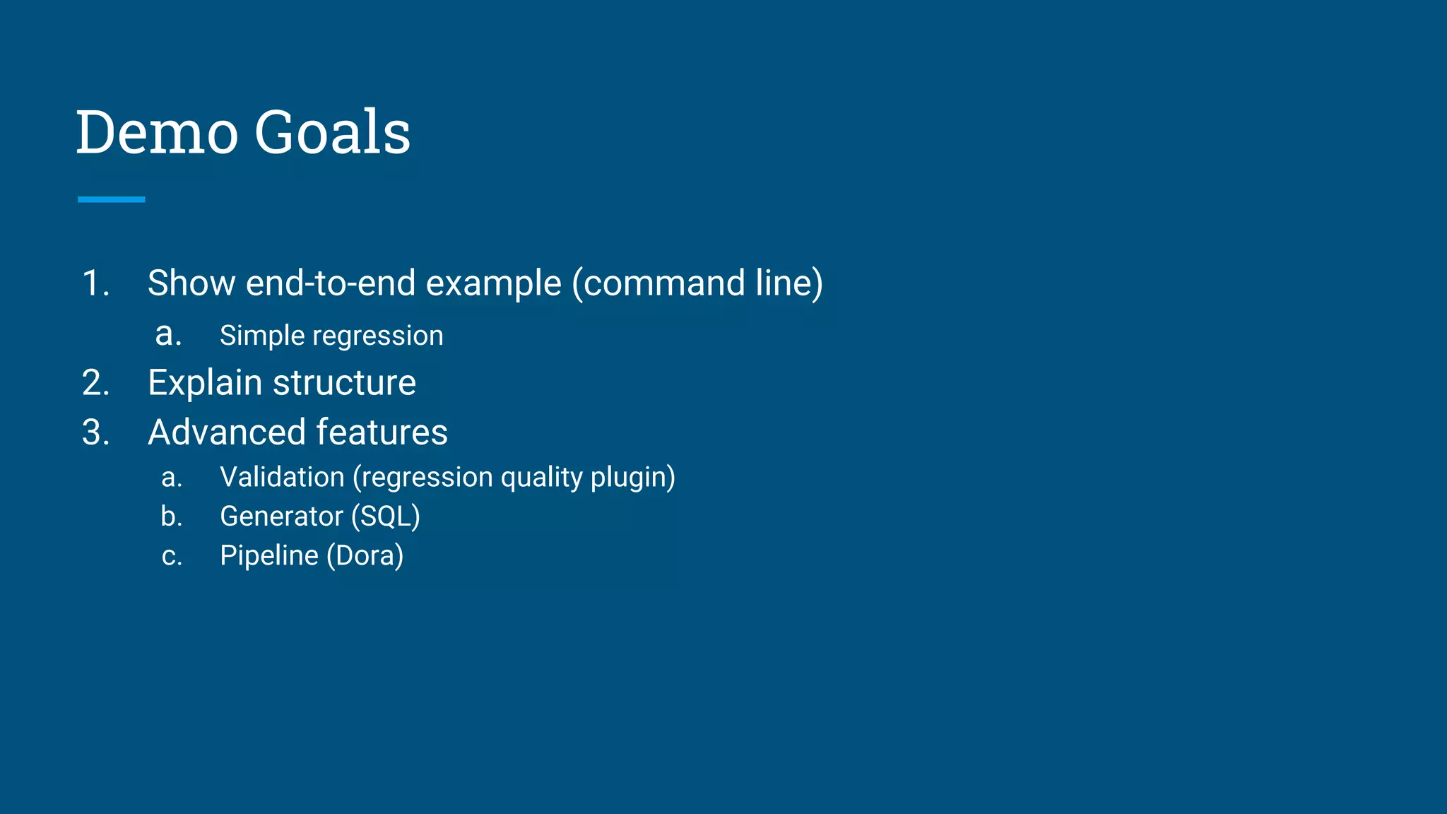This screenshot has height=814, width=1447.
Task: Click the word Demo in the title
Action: [x=157, y=132]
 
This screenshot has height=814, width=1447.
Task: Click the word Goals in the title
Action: [x=332, y=132]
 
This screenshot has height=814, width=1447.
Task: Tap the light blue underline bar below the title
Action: [x=111, y=199]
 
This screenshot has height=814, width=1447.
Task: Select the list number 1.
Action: [x=95, y=283]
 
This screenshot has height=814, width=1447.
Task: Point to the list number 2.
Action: [x=95, y=383]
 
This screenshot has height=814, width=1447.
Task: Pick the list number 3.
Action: [x=95, y=432]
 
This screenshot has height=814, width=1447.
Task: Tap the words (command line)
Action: [x=697, y=283]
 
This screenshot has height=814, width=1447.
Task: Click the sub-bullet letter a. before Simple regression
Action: [x=168, y=334]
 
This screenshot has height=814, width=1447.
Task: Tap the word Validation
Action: [x=282, y=478]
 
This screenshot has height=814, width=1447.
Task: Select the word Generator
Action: [x=281, y=517]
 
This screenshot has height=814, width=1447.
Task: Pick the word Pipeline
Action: [x=269, y=556]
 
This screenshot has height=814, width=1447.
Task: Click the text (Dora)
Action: [x=365, y=556]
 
